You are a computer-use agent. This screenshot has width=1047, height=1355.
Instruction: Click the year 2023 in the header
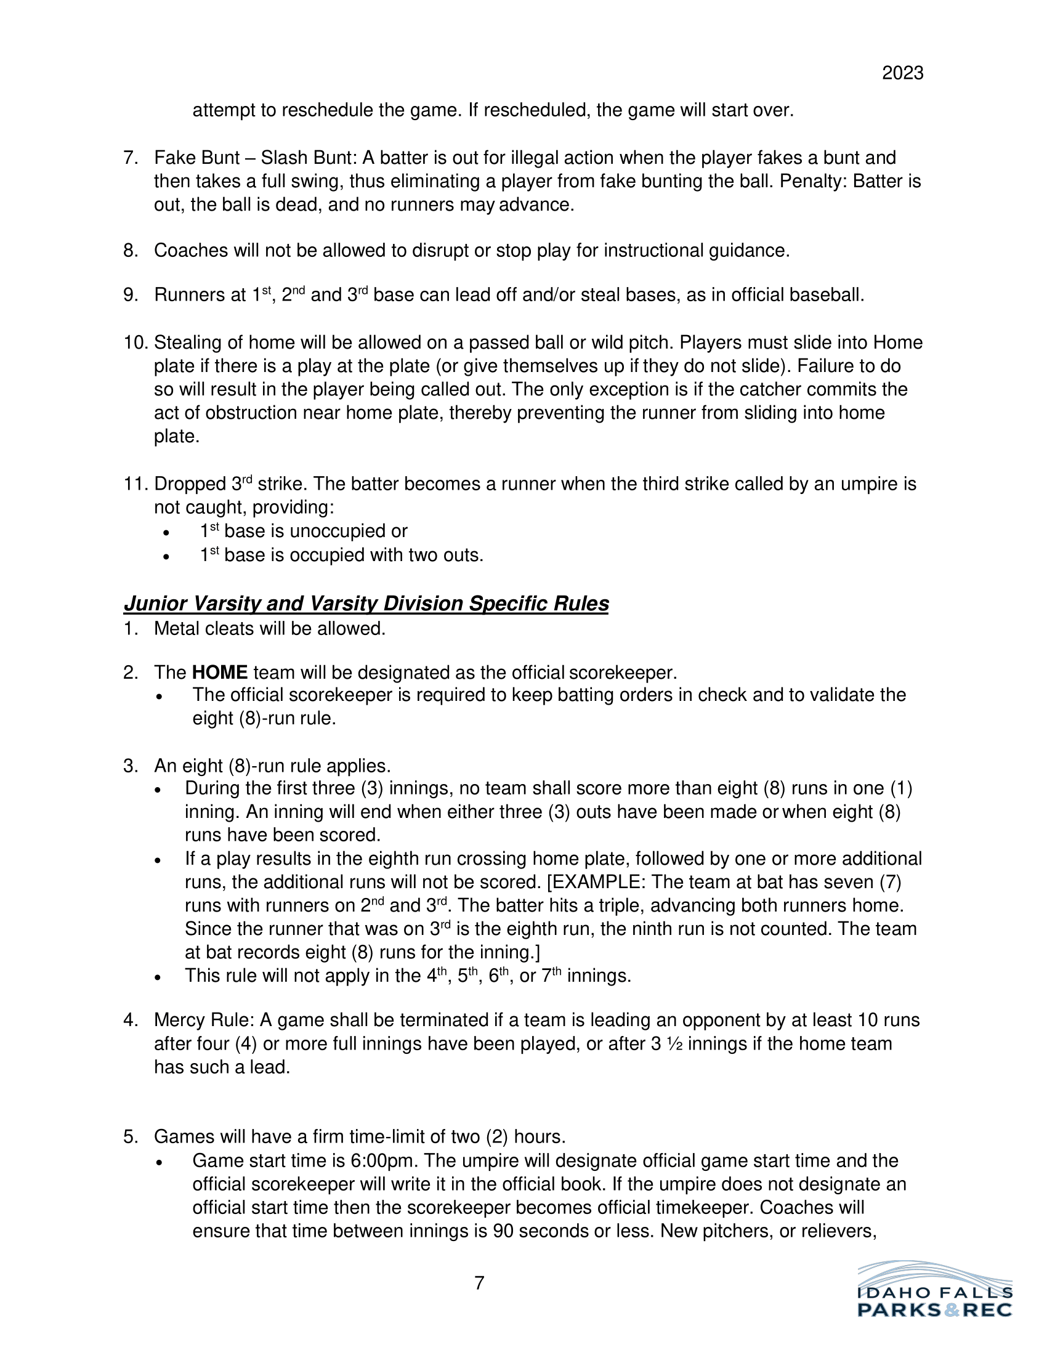tap(902, 73)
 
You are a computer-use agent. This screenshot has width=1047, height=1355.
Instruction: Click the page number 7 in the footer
tap(479, 1283)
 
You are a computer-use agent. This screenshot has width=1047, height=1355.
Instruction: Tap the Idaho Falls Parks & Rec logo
tap(935, 1290)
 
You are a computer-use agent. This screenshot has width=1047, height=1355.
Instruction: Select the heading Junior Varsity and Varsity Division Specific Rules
tap(366, 604)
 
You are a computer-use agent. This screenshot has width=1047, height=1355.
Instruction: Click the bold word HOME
tap(220, 673)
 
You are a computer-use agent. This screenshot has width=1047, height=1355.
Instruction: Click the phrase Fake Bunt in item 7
tap(196, 158)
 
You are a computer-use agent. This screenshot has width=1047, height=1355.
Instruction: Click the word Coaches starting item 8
tap(190, 251)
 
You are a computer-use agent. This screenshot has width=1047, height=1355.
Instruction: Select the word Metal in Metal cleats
tap(176, 628)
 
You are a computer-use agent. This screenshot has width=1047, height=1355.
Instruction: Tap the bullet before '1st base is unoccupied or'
tap(166, 533)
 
